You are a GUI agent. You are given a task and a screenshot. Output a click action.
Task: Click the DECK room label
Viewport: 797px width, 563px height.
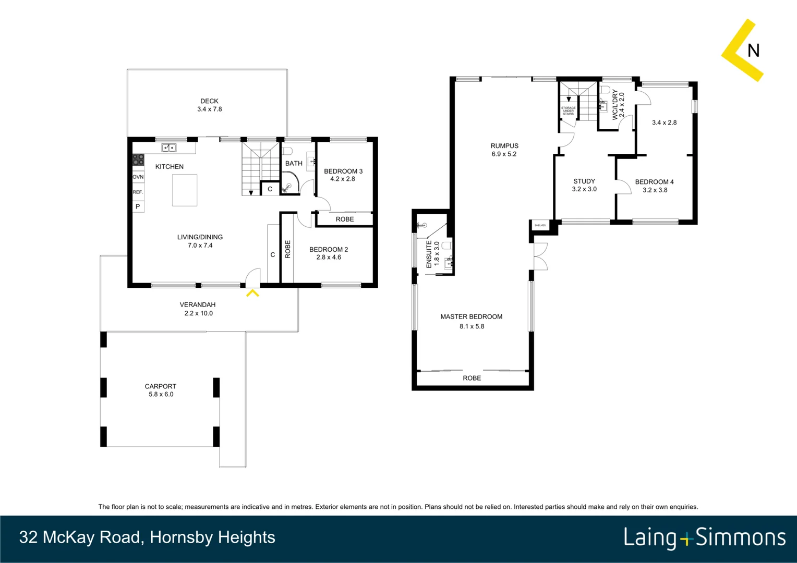click(x=209, y=101)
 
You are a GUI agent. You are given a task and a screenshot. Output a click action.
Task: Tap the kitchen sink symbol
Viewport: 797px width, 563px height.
click(x=168, y=148)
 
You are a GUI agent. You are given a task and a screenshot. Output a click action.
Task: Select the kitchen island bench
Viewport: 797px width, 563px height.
click(x=185, y=190)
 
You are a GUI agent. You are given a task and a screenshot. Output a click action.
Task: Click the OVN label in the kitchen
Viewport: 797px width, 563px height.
click(x=138, y=177)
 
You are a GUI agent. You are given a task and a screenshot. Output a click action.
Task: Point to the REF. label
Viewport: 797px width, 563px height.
click(x=138, y=192)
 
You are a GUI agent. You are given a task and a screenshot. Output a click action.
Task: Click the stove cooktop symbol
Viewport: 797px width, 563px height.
click(x=138, y=160)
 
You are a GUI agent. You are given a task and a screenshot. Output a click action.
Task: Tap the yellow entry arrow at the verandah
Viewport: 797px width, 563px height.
click(x=252, y=293)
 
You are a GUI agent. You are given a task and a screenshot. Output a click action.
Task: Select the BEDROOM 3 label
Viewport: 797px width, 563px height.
click(x=343, y=171)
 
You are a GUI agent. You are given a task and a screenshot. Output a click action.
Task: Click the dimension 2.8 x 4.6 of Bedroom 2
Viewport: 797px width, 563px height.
click(x=329, y=257)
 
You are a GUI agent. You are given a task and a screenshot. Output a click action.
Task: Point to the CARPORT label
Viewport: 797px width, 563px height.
click(x=160, y=386)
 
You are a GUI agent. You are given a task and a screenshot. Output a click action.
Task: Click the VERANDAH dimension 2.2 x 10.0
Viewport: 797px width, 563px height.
click(x=198, y=313)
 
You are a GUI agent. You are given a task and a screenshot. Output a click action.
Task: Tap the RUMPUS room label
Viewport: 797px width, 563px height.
click(x=504, y=146)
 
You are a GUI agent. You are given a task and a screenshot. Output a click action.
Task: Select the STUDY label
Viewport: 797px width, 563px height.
click(x=584, y=181)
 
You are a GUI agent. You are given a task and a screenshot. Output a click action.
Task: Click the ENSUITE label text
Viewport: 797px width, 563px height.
click(x=429, y=254)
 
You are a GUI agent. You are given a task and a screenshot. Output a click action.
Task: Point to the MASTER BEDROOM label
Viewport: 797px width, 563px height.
click(x=471, y=316)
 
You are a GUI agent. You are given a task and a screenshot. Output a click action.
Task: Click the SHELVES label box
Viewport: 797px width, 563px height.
click(x=540, y=225)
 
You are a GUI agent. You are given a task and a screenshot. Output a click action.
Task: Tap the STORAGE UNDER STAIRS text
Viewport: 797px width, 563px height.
click(x=568, y=111)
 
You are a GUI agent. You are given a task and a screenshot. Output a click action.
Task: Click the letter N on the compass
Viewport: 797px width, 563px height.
click(x=753, y=51)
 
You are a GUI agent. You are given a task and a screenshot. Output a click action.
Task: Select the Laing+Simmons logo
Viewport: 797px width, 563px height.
click(x=704, y=537)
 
